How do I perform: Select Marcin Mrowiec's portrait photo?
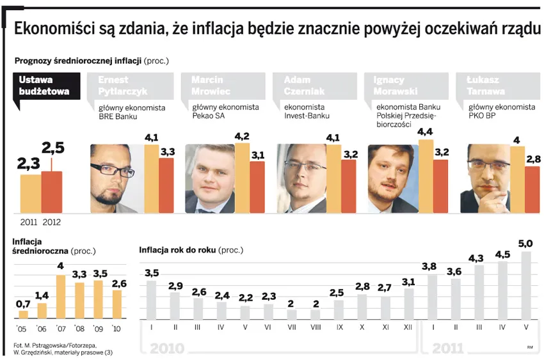209,178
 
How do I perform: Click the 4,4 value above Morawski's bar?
426,132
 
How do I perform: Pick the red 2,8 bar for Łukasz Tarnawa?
532,189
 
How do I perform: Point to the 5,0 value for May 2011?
525,244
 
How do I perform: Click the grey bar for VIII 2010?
316,315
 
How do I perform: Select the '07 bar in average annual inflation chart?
61,297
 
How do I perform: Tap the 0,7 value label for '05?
24,303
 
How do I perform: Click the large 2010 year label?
168,349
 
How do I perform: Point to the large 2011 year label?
447,349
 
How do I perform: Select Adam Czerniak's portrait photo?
301,178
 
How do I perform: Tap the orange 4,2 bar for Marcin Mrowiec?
243,178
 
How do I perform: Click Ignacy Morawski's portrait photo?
392,178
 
